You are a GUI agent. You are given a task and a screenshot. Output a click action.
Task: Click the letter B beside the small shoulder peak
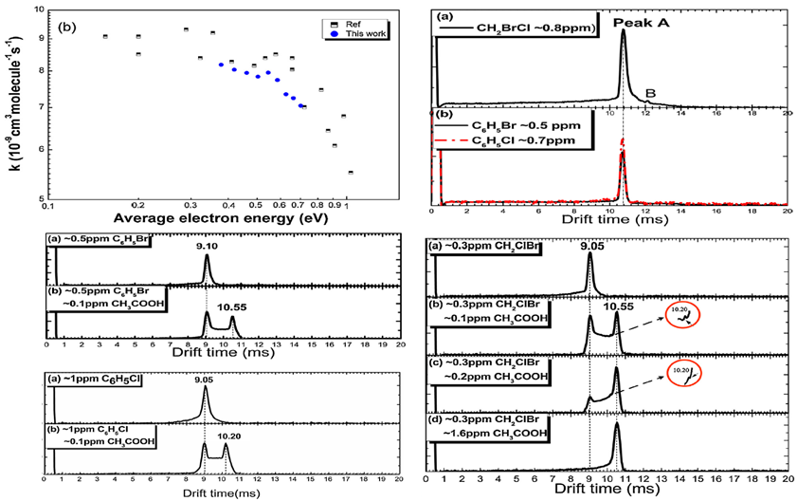click(649, 91)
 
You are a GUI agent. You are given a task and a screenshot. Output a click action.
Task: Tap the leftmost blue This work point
click(221, 65)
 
